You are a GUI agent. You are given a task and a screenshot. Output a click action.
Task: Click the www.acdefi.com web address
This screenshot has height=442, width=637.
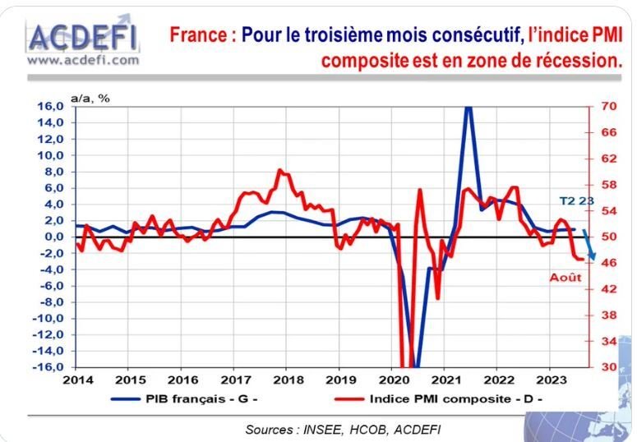coord(83,59)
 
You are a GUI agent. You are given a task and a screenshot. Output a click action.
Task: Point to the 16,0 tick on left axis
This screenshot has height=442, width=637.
coord(49,107)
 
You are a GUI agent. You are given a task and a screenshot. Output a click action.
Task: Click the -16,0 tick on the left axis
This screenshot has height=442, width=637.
coord(48,366)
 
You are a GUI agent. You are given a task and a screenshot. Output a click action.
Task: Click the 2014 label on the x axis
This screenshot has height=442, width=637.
coord(77,380)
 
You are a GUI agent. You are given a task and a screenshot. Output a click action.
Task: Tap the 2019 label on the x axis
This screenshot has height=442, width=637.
coord(340,380)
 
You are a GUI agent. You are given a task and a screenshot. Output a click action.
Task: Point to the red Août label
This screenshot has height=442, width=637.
coord(565,277)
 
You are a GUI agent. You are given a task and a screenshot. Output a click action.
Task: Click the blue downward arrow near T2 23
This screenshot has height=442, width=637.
coord(589,245)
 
